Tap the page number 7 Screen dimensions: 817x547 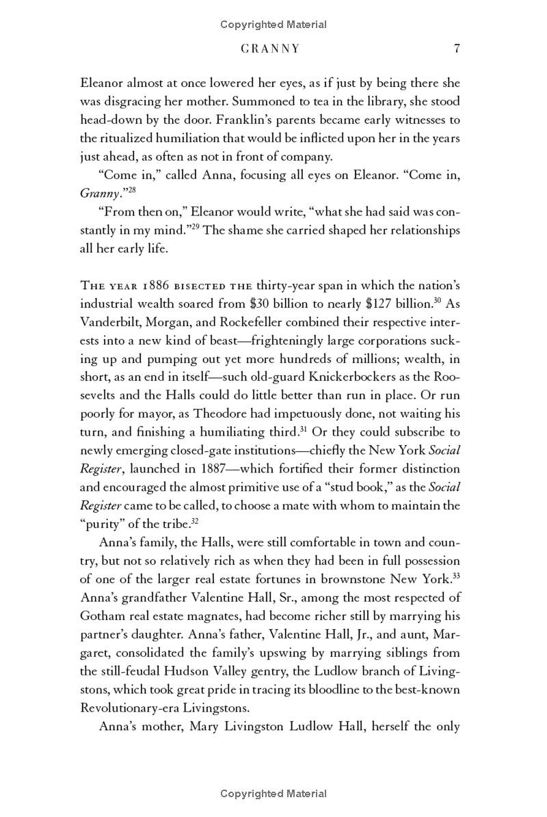456,49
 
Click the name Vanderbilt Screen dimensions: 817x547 111,321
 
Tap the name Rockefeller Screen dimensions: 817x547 235,321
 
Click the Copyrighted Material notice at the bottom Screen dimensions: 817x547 273,794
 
